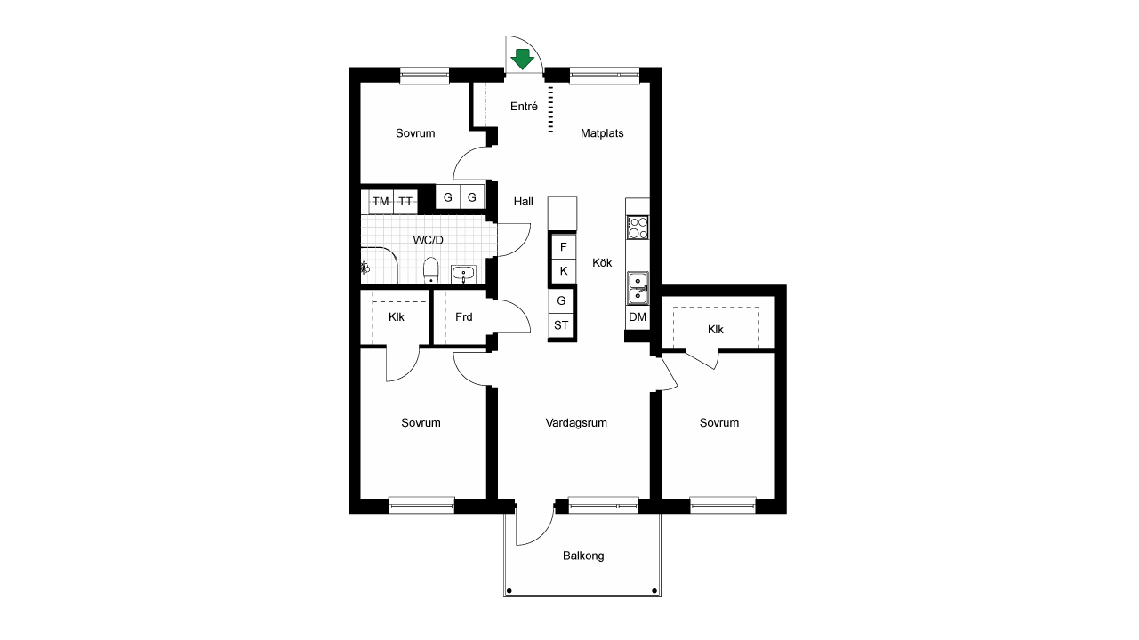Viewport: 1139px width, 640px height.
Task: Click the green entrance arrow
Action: (x=522, y=59)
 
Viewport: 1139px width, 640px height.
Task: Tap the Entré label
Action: (x=524, y=107)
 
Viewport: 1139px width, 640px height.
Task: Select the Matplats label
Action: (x=602, y=133)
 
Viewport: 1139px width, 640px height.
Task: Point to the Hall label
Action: (x=523, y=202)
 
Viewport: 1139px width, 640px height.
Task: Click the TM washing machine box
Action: (x=381, y=202)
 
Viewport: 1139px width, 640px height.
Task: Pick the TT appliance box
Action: (x=405, y=202)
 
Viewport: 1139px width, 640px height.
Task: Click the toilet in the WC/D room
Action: (x=430, y=270)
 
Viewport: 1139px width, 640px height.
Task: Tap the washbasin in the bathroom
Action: (x=463, y=274)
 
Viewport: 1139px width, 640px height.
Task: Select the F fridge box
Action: (x=563, y=247)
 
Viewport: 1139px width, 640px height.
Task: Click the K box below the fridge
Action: (x=563, y=271)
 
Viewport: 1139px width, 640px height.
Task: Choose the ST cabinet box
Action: (x=561, y=325)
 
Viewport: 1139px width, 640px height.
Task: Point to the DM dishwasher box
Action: (x=638, y=317)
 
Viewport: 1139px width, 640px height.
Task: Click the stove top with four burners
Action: (x=638, y=228)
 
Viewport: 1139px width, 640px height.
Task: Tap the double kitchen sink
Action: (x=638, y=288)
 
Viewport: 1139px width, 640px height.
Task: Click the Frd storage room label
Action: (x=464, y=317)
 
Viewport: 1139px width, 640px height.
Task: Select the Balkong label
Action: (x=583, y=556)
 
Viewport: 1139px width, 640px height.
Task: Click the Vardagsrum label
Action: (x=576, y=423)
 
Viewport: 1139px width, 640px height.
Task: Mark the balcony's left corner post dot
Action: (x=509, y=591)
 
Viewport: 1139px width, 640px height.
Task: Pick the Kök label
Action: (x=602, y=263)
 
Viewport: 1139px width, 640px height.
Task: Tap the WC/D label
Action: (x=429, y=240)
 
